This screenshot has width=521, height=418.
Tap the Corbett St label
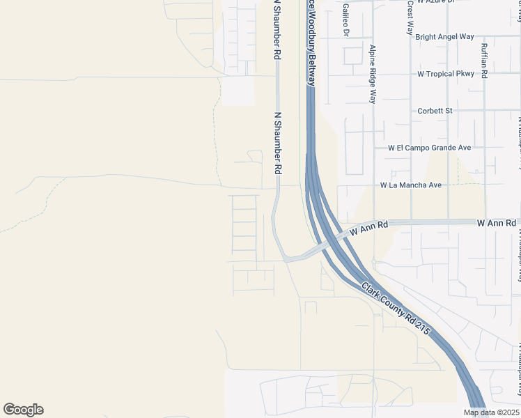click(x=435, y=111)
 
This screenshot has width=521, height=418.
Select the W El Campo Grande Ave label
click(x=430, y=148)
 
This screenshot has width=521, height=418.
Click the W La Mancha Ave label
click(x=411, y=185)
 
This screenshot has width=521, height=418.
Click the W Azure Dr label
click(x=435, y=2)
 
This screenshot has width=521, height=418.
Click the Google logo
click(x=23, y=409)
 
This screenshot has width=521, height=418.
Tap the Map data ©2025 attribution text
click(x=491, y=412)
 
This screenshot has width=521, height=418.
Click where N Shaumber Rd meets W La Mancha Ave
click(x=278, y=186)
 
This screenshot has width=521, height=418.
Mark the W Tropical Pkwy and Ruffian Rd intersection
click(x=485, y=74)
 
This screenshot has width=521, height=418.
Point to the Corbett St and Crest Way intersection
click(x=410, y=111)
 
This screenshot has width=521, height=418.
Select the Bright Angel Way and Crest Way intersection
click(x=410, y=37)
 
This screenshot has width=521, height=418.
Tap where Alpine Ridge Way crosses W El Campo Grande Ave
click(x=374, y=148)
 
